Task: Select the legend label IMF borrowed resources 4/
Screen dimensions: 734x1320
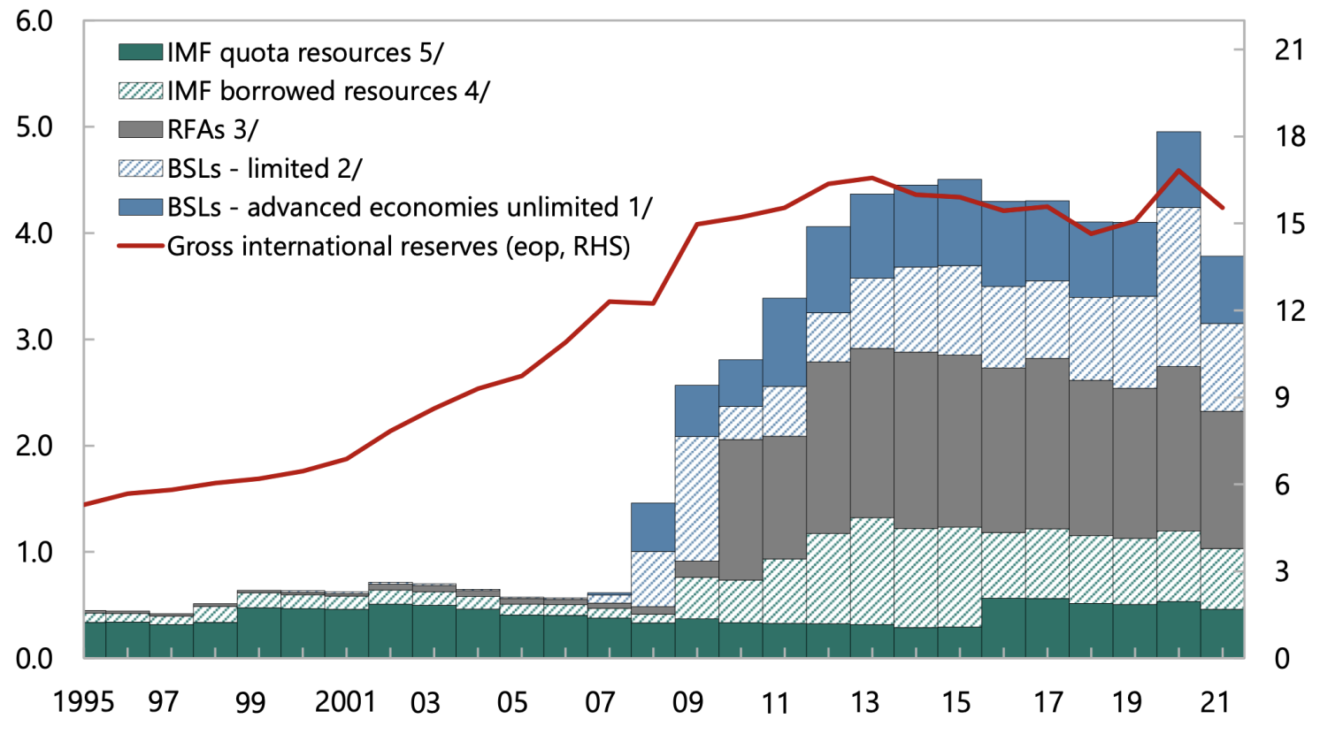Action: tap(327, 91)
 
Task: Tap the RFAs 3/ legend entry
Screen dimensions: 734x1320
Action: tap(212, 130)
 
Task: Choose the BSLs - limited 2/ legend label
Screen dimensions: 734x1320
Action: tap(264, 168)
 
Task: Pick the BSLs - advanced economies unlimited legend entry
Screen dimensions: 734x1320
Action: tap(409, 207)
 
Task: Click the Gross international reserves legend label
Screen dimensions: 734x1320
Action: tap(398, 246)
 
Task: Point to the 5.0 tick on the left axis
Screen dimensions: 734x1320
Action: tap(35, 127)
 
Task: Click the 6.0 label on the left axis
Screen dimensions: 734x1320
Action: tap(35, 21)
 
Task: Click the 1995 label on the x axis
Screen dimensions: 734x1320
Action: tap(84, 702)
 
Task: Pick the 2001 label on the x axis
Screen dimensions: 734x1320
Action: tap(346, 702)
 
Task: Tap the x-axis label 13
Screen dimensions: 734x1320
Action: tap(864, 702)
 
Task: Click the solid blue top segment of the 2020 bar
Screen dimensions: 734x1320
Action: tap(1178, 170)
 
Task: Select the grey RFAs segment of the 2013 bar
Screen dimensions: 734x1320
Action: tap(872, 432)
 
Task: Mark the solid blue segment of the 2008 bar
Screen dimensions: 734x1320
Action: tap(653, 527)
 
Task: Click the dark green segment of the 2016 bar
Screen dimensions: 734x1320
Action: tap(1003, 628)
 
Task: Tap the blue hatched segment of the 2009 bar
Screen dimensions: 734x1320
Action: tap(697, 498)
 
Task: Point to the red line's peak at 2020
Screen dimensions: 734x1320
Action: tap(1178, 170)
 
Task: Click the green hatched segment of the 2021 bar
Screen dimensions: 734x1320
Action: tap(1222, 578)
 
